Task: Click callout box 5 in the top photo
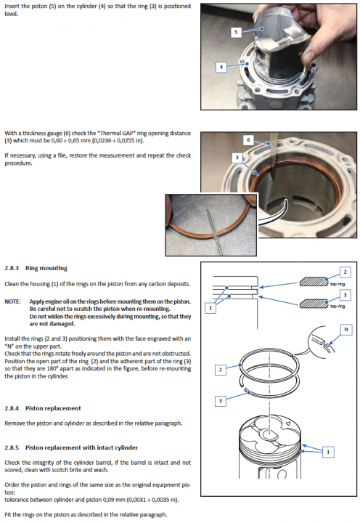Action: pyautogui.click(x=236, y=33)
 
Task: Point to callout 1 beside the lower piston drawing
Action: pyautogui.click(x=330, y=452)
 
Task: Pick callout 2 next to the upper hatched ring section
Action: pyautogui.click(x=345, y=272)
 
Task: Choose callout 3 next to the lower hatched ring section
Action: pyautogui.click(x=345, y=294)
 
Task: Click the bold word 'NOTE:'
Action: pyautogui.click(x=12, y=301)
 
